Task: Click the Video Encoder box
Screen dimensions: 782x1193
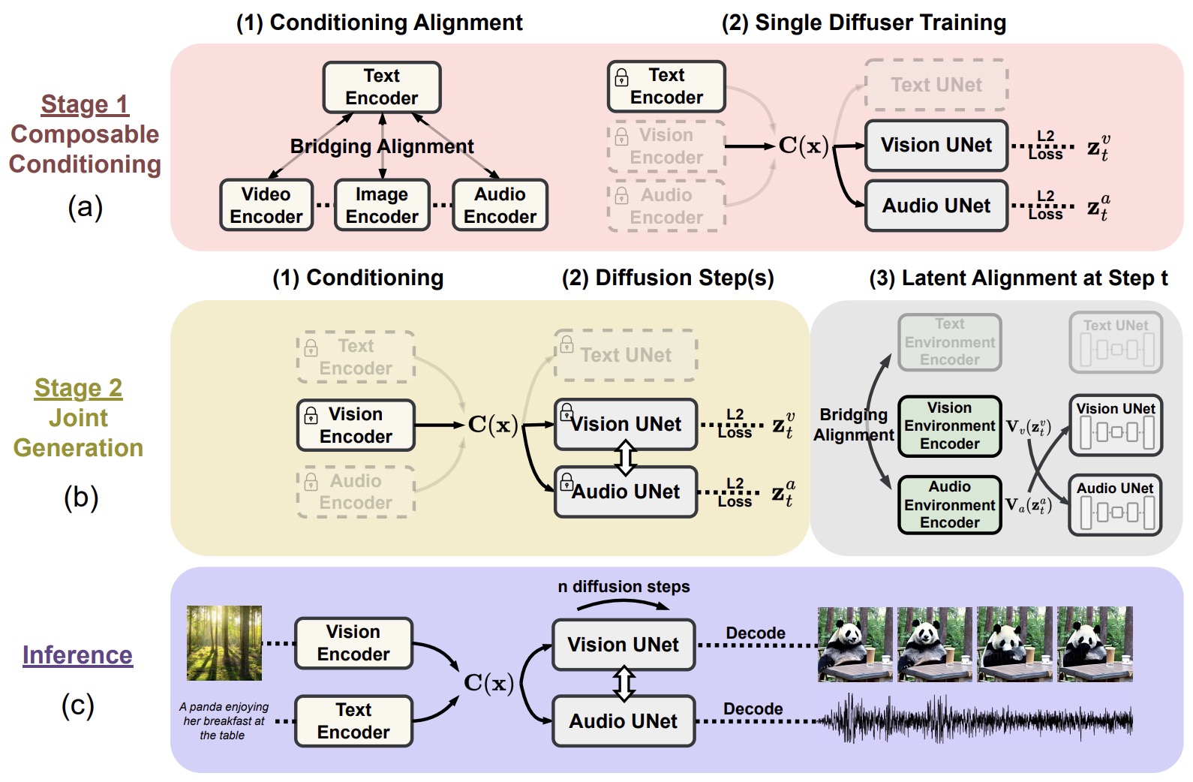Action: (266, 205)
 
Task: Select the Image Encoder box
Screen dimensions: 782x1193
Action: (382, 205)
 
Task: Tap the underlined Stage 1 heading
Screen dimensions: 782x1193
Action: (85, 104)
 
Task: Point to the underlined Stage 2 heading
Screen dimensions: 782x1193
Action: (78, 388)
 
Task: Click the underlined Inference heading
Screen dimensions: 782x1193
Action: (77, 655)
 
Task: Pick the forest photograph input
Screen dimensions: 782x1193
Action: (224, 643)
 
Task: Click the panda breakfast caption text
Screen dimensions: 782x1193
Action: (224, 721)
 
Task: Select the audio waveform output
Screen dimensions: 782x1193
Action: (975, 721)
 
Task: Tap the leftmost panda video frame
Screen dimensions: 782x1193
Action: (855, 644)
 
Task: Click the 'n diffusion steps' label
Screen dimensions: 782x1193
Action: (624, 587)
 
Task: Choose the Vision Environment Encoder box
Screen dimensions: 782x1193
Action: (949, 426)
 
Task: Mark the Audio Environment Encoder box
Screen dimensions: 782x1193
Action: (949, 505)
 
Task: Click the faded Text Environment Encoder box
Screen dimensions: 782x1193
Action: (949, 342)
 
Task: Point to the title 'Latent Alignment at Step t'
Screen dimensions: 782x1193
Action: (1018, 278)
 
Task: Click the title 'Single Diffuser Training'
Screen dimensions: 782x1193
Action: (864, 23)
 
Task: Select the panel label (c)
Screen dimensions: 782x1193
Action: (77, 706)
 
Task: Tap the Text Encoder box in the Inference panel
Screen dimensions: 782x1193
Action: (353, 721)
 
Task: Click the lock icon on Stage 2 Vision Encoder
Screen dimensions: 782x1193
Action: (311, 415)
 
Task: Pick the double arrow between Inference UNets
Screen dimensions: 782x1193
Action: (624, 683)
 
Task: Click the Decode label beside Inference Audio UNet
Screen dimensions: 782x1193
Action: (753, 709)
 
